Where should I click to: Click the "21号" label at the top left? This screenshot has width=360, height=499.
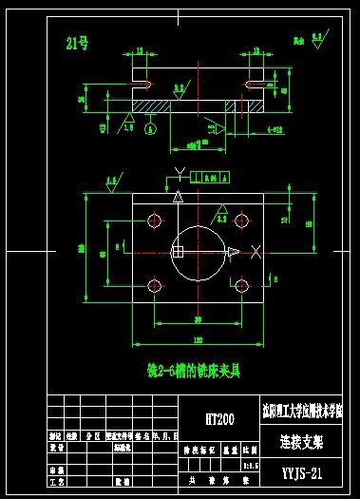[75, 42]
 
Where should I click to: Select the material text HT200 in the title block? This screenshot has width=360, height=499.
[219, 418]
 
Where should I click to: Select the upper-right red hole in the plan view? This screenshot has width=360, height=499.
[242, 221]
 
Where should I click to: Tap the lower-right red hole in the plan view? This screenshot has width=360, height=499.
[242, 285]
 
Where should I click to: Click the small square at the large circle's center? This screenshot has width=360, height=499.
[177, 252]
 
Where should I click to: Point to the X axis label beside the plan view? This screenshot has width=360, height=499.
[257, 251]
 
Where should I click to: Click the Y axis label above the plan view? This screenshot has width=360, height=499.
[177, 173]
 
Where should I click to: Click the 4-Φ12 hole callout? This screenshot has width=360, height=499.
[275, 126]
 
